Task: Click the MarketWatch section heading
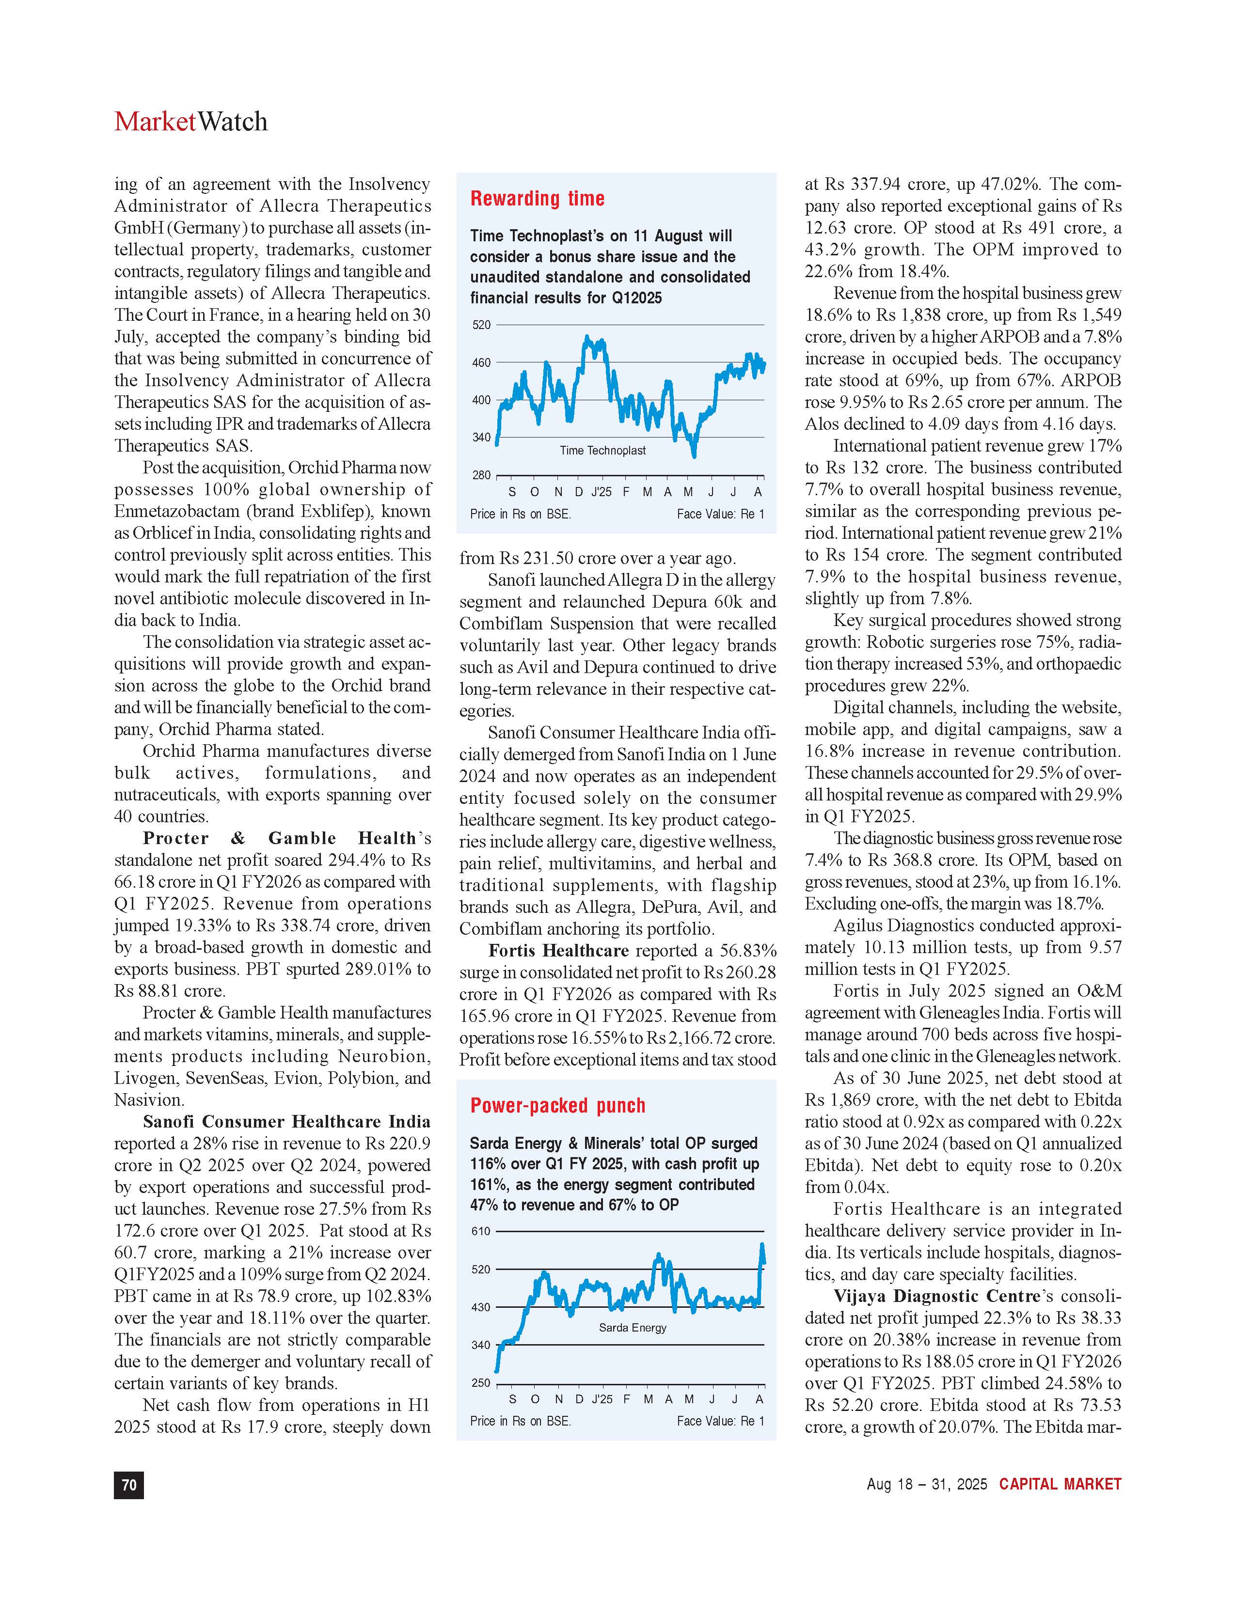[x=191, y=122]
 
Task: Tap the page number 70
[x=129, y=1485]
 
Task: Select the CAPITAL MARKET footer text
[x=1060, y=1484]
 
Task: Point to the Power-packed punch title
[x=557, y=1106]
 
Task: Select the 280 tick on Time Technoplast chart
[x=481, y=475]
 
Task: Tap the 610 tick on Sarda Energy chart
[x=481, y=1231]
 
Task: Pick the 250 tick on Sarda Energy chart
[x=481, y=1383]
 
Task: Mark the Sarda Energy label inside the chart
[x=633, y=1327]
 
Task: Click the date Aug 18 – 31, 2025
[x=926, y=1485]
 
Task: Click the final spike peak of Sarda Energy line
[x=762, y=1245]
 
